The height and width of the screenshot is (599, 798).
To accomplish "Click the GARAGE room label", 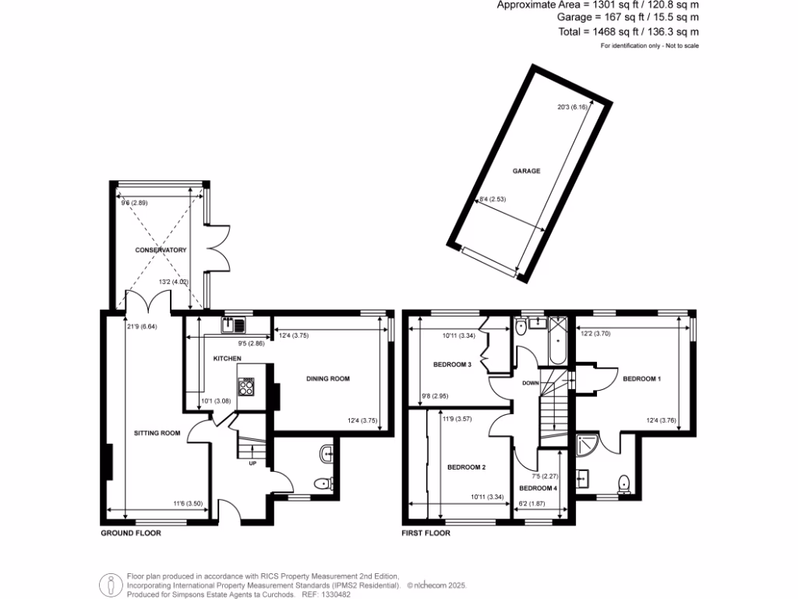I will pyautogui.click(x=526, y=171).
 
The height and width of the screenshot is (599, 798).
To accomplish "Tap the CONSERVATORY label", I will pyautogui.click(x=161, y=250).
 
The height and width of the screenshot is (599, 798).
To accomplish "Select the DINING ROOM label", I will pyautogui.click(x=327, y=379).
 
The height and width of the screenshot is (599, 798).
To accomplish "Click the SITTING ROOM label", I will pyautogui.click(x=157, y=433).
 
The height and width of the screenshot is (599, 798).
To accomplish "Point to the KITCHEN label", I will pyautogui.click(x=228, y=359).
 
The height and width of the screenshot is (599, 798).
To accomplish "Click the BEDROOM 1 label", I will pyautogui.click(x=641, y=379).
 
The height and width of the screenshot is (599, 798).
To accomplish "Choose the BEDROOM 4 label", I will pyautogui.click(x=538, y=487).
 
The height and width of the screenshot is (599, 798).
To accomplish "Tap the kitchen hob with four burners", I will pyautogui.click(x=247, y=386).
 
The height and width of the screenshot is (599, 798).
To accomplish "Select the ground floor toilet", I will pyautogui.click(x=322, y=484).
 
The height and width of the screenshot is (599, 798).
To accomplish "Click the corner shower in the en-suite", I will pyautogui.click(x=587, y=445).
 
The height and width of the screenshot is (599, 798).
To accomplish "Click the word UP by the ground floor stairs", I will pyautogui.click(x=252, y=463).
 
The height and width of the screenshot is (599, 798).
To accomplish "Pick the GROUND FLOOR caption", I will pyautogui.click(x=131, y=534).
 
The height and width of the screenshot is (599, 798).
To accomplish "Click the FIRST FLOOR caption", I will pyautogui.click(x=425, y=534).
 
